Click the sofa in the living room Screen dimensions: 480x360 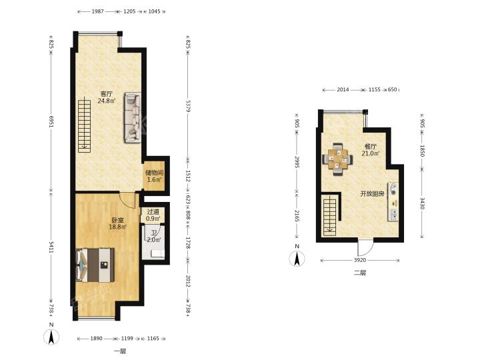tap(133, 117)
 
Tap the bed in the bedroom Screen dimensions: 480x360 tap(95, 265)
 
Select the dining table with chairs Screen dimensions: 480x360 tap(337, 159)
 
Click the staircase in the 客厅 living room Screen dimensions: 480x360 tap(84, 126)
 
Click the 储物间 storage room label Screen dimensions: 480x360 tap(155, 173)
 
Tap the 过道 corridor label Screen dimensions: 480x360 tap(153, 211)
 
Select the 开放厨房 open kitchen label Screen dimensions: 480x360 tap(371, 194)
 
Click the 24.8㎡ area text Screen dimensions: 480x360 tap(107, 101)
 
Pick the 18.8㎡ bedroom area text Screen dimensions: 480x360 tap(118, 227)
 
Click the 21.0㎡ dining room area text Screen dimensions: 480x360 tap(371, 153)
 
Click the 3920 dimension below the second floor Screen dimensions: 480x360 tap(360, 260)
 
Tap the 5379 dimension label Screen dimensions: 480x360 tap(188, 106)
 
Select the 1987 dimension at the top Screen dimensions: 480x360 tap(97, 11)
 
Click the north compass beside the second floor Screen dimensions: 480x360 tap(297, 257)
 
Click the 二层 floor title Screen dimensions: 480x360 tap(360, 273)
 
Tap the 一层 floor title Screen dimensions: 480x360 tap(120, 351)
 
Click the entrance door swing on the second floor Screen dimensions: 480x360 tap(365, 248)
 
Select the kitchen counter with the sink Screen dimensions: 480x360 tap(393, 202)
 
